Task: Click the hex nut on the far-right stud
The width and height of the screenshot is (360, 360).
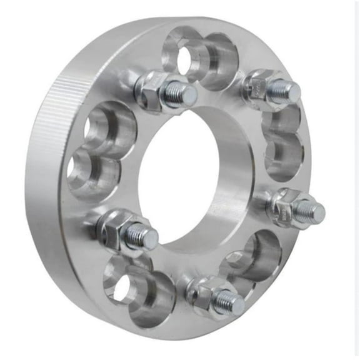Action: pos(287,203)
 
